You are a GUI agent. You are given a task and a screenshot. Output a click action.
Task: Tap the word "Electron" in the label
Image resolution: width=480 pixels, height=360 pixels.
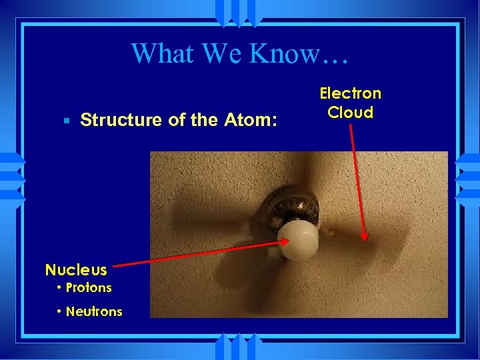tap(350, 93)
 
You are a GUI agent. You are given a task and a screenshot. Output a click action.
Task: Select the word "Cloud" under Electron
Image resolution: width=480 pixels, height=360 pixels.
tap(350, 112)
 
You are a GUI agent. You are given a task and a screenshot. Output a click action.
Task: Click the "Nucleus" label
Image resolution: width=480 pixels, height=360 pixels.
tap(75, 270)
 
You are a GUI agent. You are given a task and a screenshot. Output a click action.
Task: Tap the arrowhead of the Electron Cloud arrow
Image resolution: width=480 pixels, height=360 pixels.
tap(364, 236)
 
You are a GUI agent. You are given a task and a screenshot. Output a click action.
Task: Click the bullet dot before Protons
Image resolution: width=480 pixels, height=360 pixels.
tap(59, 288)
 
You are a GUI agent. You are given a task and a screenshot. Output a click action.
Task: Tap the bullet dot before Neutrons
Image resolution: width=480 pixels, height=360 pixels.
tap(59, 311)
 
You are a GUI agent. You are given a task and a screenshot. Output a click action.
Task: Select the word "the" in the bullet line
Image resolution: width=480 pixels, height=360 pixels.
tap(204, 120)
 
